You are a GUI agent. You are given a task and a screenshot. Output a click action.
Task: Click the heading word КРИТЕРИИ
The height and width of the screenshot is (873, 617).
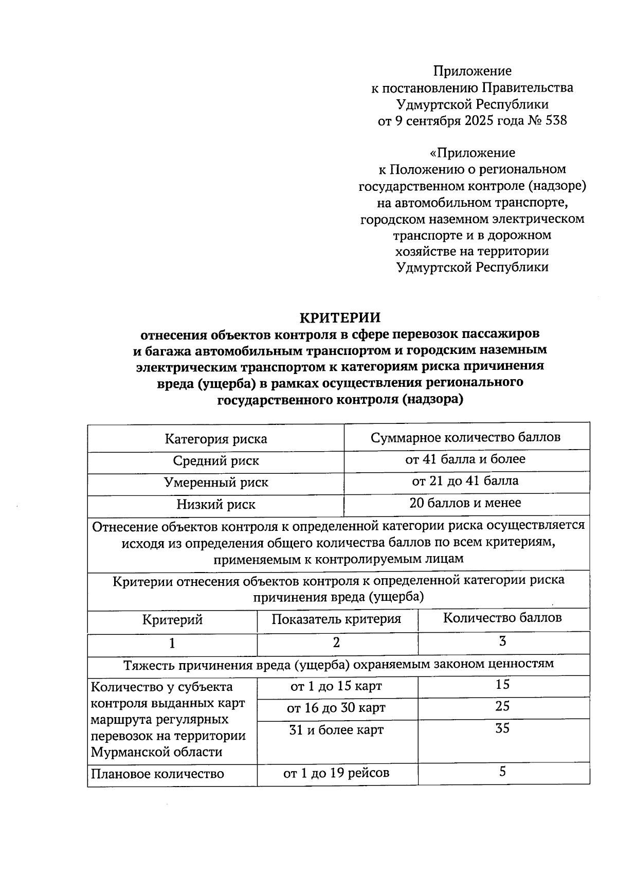(x=340, y=317)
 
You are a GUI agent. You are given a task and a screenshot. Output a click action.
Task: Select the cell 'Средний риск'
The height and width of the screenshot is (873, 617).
(x=215, y=461)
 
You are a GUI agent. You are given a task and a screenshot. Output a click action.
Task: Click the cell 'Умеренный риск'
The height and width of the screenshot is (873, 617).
(x=215, y=483)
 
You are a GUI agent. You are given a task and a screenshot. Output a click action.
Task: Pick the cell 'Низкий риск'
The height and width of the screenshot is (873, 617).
(x=215, y=505)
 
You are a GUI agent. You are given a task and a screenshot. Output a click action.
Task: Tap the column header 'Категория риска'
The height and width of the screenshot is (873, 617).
(x=215, y=439)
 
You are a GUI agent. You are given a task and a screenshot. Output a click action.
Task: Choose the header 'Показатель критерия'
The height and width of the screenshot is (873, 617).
(x=336, y=619)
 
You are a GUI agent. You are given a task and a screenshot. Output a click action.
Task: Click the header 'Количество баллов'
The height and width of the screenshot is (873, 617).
(x=502, y=618)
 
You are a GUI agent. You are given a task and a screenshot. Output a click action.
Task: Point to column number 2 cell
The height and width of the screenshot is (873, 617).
(x=336, y=643)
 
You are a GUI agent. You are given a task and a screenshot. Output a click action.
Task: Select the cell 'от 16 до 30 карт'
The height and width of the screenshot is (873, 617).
(x=336, y=708)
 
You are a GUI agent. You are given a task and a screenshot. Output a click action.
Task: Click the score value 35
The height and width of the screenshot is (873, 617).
(x=502, y=728)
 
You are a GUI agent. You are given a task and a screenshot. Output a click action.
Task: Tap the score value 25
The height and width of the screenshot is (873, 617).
(x=502, y=706)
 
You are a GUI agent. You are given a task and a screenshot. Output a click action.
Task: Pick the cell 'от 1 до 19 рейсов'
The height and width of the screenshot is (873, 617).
(x=336, y=773)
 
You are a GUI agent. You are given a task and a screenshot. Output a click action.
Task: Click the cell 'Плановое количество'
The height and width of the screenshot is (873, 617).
(x=157, y=774)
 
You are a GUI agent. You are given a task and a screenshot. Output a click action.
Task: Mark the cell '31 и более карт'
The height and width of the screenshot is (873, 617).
(x=336, y=730)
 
